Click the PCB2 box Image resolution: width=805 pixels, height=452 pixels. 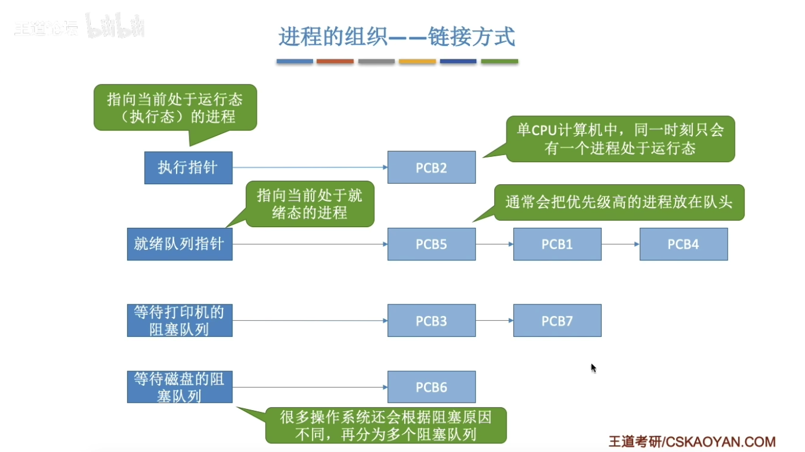[432, 167]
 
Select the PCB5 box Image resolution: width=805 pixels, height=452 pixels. [432, 244]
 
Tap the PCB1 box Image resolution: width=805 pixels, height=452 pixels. [557, 244]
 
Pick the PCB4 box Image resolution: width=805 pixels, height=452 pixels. [683, 244]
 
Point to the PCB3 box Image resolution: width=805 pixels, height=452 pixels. [432, 321]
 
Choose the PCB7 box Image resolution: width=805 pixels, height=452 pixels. [557, 321]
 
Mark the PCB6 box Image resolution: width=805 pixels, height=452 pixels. [432, 387]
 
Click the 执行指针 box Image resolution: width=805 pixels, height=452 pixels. [188, 168]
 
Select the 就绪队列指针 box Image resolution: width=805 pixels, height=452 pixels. [179, 244]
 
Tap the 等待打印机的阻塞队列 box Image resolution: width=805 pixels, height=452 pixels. [179, 321]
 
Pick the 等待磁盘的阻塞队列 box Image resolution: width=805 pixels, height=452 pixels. [179, 387]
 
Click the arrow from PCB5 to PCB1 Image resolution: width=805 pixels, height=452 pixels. [494, 244]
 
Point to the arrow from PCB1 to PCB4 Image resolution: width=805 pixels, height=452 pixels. [620, 244]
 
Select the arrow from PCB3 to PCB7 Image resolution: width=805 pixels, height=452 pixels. [494, 321]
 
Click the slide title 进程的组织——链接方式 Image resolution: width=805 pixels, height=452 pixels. [397, 37]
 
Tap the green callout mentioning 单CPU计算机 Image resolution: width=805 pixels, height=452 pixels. [620, 138]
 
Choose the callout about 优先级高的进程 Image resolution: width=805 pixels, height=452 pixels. [619, 203]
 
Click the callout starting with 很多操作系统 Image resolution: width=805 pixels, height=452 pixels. [386, 425]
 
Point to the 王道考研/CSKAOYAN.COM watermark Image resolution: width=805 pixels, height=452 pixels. [692, 442]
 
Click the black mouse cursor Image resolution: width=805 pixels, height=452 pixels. [594, 368]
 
